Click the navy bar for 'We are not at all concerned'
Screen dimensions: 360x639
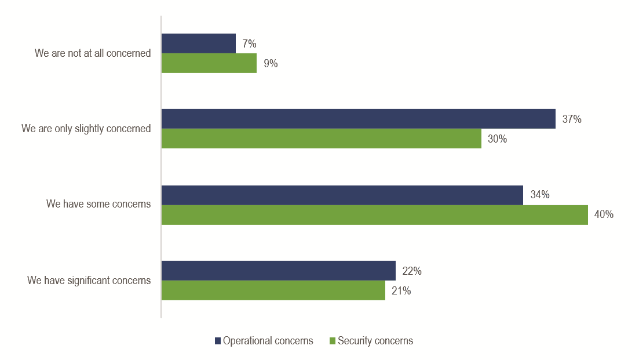tap(199, 43)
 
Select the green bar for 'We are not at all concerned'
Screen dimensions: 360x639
tap(209, 63)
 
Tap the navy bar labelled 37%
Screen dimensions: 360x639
tap(358, 119)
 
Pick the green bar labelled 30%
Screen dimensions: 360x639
tap(321, 139)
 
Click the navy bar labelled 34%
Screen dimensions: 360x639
tap(342, 195)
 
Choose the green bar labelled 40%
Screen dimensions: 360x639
tap(374, 215)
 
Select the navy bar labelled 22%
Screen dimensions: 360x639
tap(278, 271)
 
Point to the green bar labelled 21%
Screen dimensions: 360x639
tap(273, 290)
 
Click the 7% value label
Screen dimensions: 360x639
tap(250, 44)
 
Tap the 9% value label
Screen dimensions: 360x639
tap(271, 64)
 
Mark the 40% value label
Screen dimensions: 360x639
tap(604, 215)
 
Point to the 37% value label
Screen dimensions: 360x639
tap(572, 119)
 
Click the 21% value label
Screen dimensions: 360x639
tap(401, 291)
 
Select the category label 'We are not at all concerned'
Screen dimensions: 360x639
tap(93, 53)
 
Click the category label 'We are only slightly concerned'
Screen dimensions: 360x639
tap(86, 129)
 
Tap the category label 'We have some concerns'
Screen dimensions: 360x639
tap(98, 204)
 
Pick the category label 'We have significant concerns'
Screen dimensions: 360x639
tap(89, 281)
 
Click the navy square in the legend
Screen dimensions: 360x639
tap(218, 341)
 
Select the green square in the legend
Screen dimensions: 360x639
tap(333, 341)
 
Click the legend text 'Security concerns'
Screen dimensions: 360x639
tap(375, 341)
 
